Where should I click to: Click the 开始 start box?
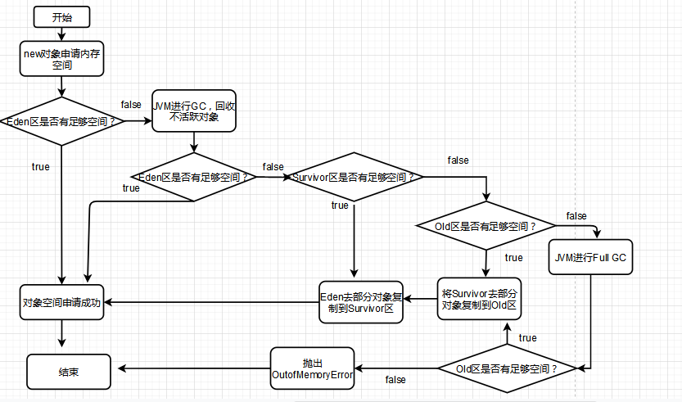(61, 16)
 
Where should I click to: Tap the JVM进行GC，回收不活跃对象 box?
(193, 111)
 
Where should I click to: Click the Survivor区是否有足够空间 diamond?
(353, 177)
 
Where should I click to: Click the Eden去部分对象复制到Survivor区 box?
(360, 301)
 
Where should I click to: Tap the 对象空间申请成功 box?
(62, 302)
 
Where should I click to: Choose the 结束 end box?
(69, 371)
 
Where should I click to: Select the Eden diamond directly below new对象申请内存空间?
(61, 121)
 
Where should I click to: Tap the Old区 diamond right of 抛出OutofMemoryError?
(508, 369)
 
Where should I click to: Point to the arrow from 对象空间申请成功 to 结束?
(62, 335)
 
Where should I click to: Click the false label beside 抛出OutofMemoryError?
(395, 380)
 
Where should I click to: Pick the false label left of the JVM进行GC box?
(130, 105)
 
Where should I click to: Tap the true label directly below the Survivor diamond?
(340, 206)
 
